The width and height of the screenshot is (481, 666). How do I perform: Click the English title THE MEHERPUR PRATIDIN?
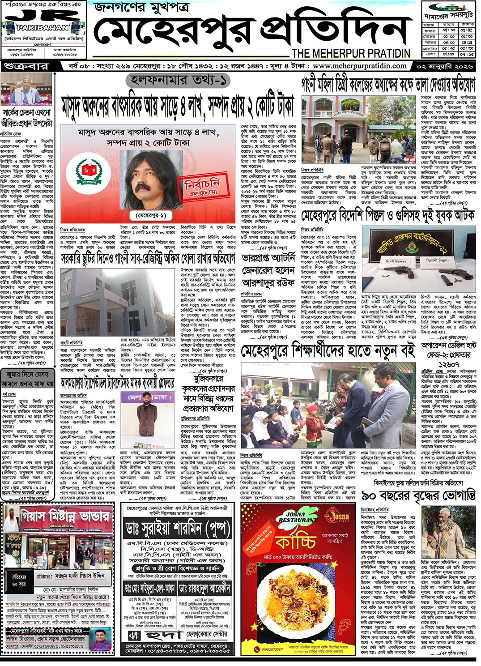351,53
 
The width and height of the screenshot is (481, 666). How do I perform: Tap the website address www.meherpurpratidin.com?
360,66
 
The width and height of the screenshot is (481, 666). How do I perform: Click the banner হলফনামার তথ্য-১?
178,81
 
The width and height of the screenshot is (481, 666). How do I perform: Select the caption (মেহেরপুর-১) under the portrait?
150,215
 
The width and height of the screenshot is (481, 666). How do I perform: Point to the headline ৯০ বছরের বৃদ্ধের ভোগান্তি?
418,496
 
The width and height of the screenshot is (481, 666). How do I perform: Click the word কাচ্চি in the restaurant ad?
296,542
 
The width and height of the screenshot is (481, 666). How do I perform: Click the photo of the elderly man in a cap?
448,532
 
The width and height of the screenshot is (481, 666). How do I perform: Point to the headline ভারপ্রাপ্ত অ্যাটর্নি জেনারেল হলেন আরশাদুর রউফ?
268,270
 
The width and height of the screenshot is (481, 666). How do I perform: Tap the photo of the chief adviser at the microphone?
26,89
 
